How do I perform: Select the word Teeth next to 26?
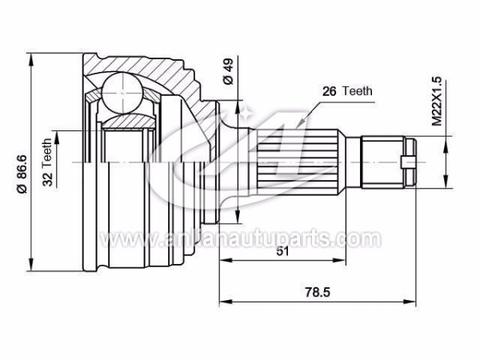[358, 91]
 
